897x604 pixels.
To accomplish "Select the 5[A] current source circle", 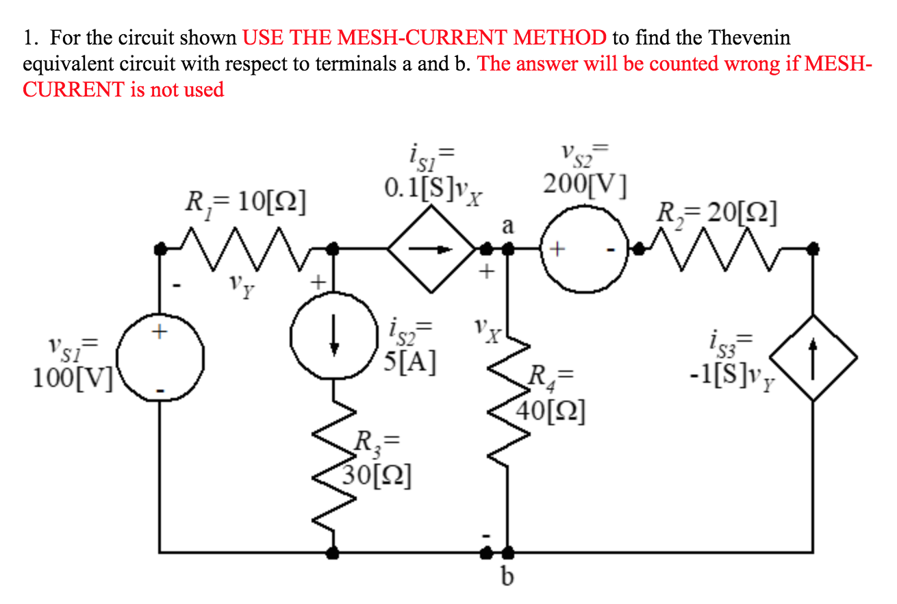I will tap(333, 337).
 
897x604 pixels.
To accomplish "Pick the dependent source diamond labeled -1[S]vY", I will tap(813, 357).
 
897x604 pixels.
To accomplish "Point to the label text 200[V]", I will tap(583, 184).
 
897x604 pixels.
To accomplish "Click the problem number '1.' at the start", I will tap(31, 37).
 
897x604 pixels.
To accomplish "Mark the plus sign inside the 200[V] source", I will tap(557, 251).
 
